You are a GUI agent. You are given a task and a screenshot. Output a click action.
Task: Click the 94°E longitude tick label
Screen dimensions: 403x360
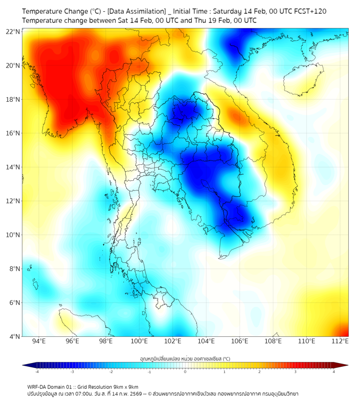[x=39, y=341]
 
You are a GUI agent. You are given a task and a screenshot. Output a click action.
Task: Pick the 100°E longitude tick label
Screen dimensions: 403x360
[x=139, y=341]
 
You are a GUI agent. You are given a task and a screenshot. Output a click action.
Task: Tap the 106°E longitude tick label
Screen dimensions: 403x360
[x=240, y=341]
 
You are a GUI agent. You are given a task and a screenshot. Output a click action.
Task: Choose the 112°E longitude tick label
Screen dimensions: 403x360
[x=340, y=341]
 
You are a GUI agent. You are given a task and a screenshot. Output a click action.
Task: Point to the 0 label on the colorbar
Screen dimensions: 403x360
[x=185, y=372]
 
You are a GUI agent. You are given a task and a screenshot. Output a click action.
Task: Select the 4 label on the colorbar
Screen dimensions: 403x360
[x=333, y=372]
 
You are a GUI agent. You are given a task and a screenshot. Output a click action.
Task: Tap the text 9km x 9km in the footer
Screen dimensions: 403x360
[x=124, y=386]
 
